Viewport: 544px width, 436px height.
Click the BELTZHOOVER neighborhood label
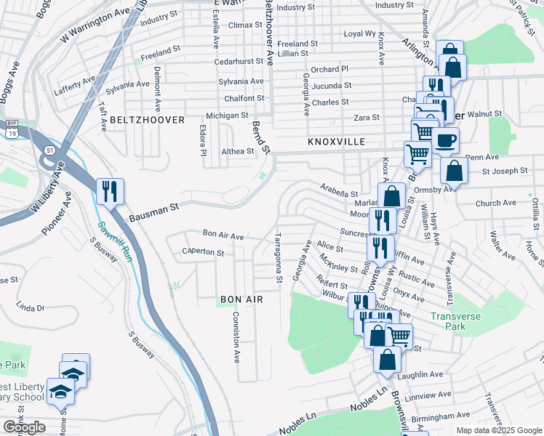pos(144,118)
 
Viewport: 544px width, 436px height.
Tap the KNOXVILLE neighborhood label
pos(335,142)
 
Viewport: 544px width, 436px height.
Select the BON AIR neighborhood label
pos(240,299)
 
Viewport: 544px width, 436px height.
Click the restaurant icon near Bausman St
pos(110,192)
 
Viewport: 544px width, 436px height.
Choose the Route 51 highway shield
pos(49,150)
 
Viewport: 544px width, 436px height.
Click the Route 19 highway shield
pos(11,134)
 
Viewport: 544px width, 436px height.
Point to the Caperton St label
pos(203,252)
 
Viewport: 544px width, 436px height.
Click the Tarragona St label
pos(278,258)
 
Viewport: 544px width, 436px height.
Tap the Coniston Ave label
pos(236,337)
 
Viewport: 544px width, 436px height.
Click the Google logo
pos(25,427)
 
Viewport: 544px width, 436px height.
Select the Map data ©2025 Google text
pos(498,430)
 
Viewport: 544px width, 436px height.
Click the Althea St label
pos(238,152)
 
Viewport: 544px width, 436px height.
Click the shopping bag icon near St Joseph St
pos(454,171)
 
